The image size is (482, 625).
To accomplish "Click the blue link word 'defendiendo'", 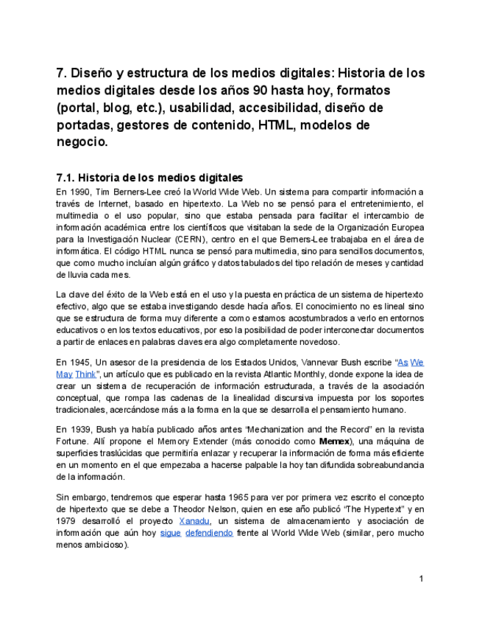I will click(x=209, y=534).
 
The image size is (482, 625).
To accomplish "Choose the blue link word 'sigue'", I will click(x=170, y=534).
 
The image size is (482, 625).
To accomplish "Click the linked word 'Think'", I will click(x=85, y=374).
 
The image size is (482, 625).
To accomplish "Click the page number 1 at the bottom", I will click(x=421, y=579).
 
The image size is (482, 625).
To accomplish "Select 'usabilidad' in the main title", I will click(x=202, y=108).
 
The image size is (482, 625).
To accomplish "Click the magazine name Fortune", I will click(x=72, y=441).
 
